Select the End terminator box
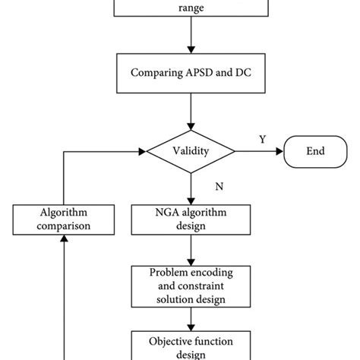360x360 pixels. (x=315, y=151)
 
